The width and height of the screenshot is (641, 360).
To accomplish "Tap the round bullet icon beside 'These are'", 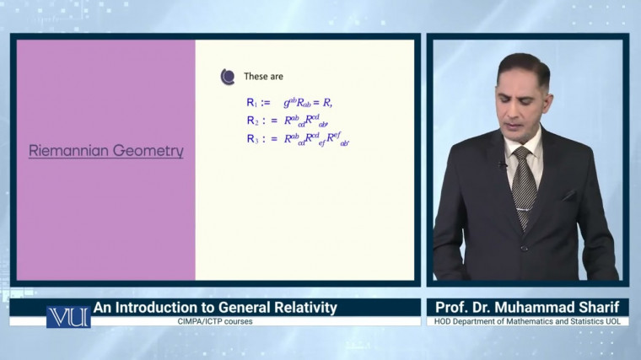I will point(227,77).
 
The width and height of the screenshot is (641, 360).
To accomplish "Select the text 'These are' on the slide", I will point(263,77).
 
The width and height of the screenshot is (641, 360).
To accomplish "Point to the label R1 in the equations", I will point(255,103).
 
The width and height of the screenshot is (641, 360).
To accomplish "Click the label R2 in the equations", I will point(255,121).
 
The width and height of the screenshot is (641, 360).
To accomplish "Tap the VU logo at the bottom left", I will point(67,316).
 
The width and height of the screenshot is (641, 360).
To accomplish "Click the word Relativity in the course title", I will point(296,308).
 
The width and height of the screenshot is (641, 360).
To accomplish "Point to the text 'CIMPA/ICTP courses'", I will point(215,321).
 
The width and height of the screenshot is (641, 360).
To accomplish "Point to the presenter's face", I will point(523,105).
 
